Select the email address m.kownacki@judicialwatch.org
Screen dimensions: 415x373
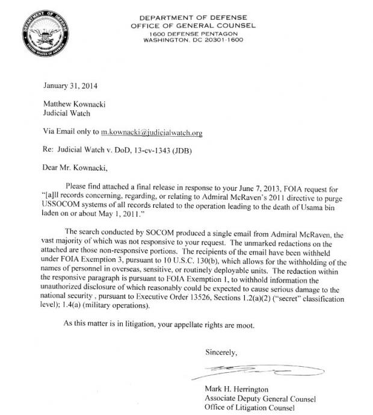click(x=151, y=132)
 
